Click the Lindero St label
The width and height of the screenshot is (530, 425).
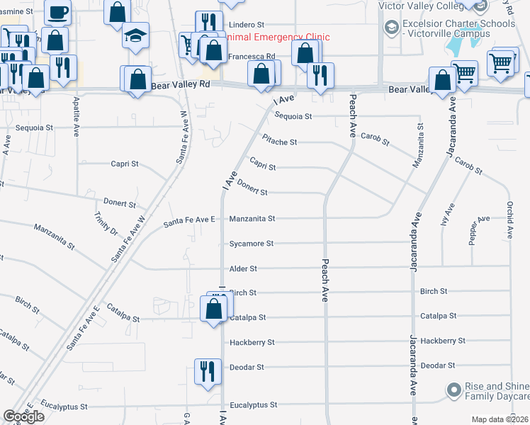245,24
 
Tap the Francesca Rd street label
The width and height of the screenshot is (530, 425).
251,56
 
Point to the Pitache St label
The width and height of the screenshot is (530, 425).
278,142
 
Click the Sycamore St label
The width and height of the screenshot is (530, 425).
251,244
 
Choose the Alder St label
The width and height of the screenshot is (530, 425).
243,269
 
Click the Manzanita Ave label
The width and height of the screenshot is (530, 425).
419,147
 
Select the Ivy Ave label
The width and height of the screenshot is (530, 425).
447,212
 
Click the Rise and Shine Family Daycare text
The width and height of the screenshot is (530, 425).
496,390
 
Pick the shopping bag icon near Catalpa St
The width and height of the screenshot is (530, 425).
214,309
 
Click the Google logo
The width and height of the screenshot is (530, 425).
23,416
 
